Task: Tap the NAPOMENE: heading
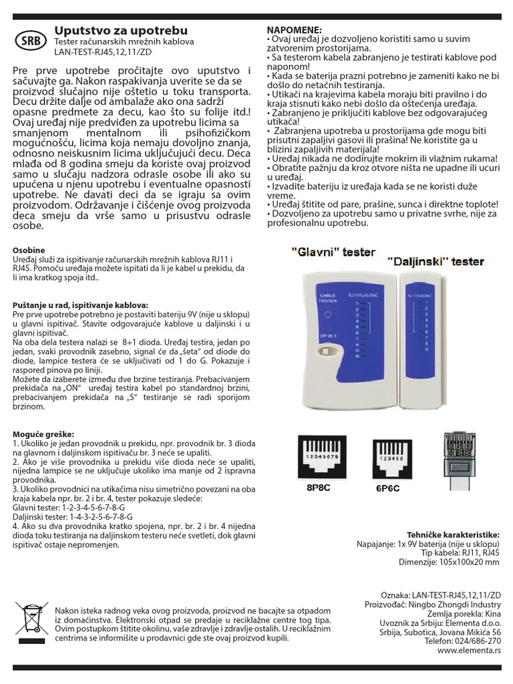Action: (294, 30)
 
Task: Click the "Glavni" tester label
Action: (333, 252)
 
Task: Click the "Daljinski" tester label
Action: (434, 261)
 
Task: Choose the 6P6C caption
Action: (388, 488)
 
